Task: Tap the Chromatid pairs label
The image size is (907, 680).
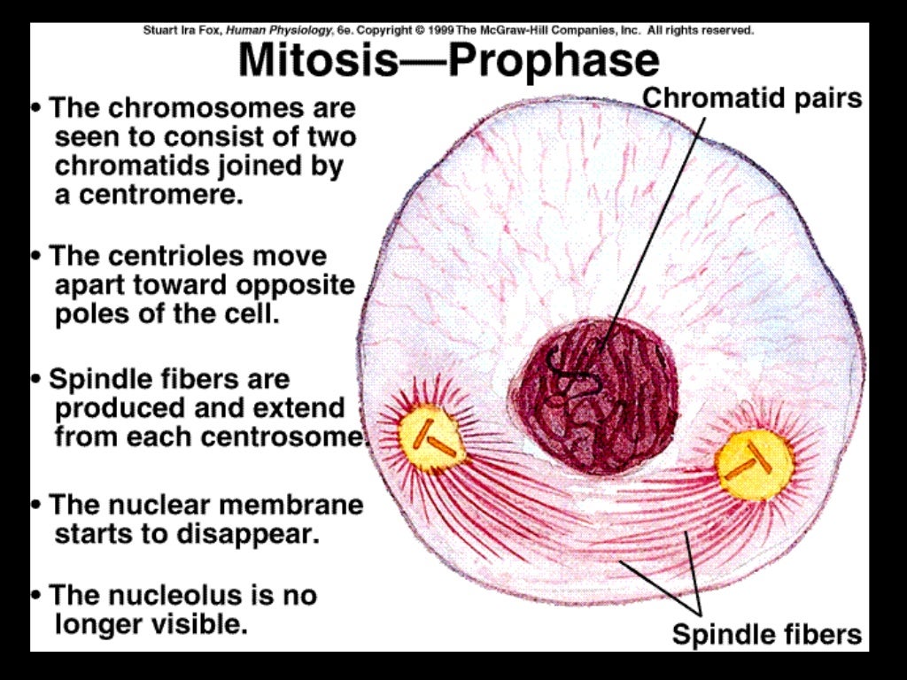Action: (x=752, y=97)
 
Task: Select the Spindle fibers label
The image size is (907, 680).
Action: (x=766, y=634)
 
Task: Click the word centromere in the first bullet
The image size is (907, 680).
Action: (x=160, y=195)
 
